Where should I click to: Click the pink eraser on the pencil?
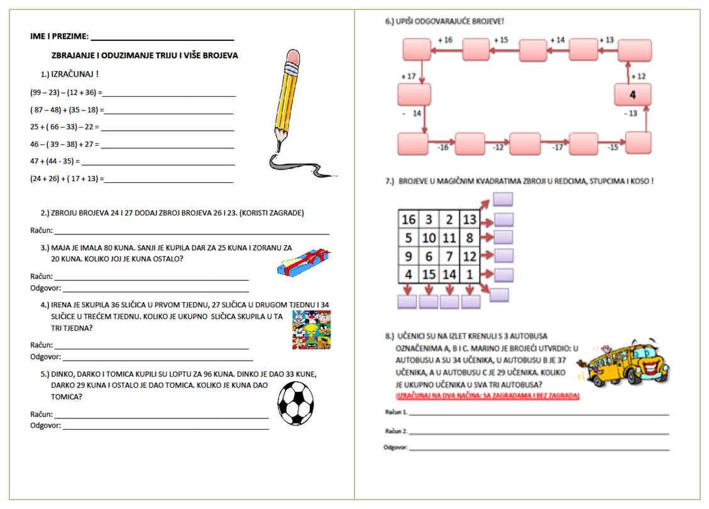(x=293, y=59)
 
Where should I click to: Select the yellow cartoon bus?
(x=632, y=364)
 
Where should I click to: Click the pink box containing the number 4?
(x=632, y=95)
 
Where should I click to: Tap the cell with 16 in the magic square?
(x=409, y=219)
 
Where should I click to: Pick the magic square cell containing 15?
(x=429, y=275)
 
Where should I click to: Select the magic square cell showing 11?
(x=449, y=238)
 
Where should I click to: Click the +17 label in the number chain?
(x=409, y=77)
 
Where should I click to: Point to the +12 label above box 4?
(x=638, y=76)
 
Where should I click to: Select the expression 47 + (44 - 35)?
(x=55, y=161)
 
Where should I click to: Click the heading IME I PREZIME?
(x=59, y=36)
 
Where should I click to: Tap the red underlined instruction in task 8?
(x=487, y=397)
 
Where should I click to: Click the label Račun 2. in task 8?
(x=396, y=432)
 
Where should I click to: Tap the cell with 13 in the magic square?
(x=470, y=219)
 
